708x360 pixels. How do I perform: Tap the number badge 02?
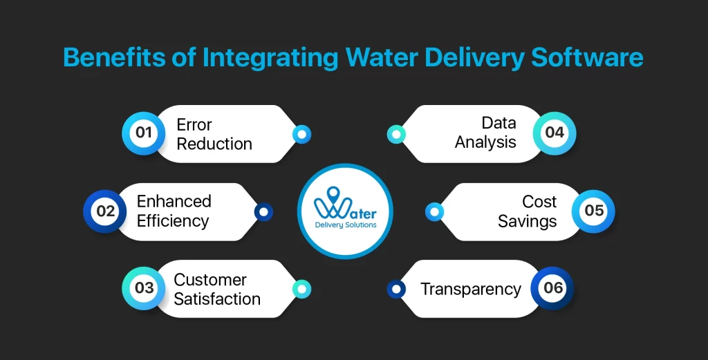[x=105, y=211]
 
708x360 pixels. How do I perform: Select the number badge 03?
[x=144, y=288]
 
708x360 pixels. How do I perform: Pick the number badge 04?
[x=555, y=133]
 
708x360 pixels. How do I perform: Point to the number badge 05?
[x=594, y=211]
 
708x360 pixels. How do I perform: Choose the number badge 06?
[x=553, y=288]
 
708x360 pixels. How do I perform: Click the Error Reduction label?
[x=214, y=134]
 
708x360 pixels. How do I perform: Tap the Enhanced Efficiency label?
[x=174, y=211]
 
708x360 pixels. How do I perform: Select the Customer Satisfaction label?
[x=217, y=289]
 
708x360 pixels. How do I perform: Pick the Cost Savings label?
[x=528, y=211]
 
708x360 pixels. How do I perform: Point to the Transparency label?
[x=471, y=289]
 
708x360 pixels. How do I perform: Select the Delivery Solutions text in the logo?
[x=346, y=225]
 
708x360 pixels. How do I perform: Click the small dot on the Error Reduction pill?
[x=302, y=134]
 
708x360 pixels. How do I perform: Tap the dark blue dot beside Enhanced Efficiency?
[x=263, y=212]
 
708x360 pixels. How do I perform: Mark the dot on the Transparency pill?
[x=395, y=289]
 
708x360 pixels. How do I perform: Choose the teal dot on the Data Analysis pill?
[x=395, y=134]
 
